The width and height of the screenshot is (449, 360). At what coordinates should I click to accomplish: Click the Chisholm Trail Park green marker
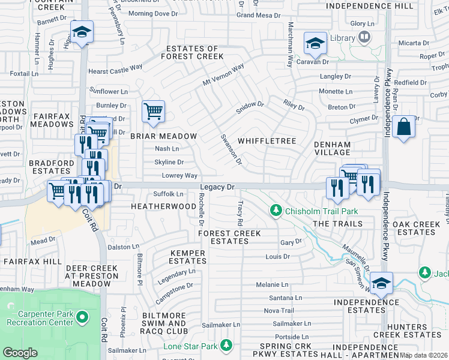(x=276, y=211)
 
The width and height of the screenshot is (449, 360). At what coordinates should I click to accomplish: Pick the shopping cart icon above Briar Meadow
(x=153, y=111)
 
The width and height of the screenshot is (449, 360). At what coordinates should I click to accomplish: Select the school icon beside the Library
(x=315, y=43)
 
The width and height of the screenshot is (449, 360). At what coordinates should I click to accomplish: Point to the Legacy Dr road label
(x=217, y=188)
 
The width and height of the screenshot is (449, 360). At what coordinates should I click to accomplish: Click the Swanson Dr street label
(x=231, y=150)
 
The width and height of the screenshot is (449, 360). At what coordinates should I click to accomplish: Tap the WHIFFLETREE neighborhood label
(x=267, y=141)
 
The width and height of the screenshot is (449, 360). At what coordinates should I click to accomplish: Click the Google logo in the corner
(x=20, y=352)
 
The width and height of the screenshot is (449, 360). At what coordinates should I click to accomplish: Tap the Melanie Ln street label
(x=272, y=284)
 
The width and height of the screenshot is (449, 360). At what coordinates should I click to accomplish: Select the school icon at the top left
(x=82, y=31)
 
